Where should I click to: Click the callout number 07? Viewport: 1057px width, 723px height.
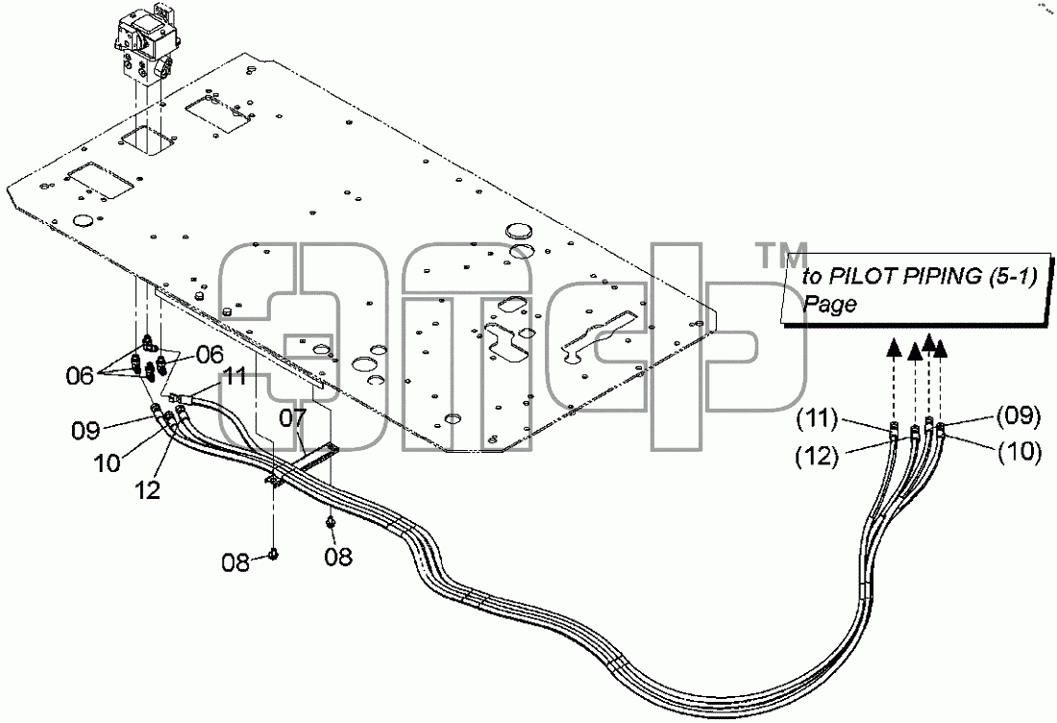tap(293, 418)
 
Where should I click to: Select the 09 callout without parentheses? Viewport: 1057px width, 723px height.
tap(86, 430)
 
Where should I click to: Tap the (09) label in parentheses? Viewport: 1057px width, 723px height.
tap(1019, 416)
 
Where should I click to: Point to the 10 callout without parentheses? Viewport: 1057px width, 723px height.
tap(108, 462)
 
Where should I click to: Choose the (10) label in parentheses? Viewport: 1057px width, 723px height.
tap(1020, 451)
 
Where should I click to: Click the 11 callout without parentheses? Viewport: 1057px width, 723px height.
tap(236, 376)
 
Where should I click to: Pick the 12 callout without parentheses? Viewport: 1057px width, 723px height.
tap(148, 489)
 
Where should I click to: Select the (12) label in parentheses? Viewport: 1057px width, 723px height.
tap(818, 457)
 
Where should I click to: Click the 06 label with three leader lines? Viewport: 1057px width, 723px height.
tap(80, 376)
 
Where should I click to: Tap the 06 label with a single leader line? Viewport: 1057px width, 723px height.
tap(209, 354)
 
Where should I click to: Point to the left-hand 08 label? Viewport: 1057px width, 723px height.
tap(236, 562)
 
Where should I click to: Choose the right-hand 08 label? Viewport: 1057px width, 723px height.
tap(337, 557)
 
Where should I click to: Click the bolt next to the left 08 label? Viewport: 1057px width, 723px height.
tap(273, 554)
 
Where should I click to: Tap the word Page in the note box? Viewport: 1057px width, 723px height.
tap(829, 304)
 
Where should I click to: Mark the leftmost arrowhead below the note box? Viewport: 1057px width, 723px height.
tap(894, 347)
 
